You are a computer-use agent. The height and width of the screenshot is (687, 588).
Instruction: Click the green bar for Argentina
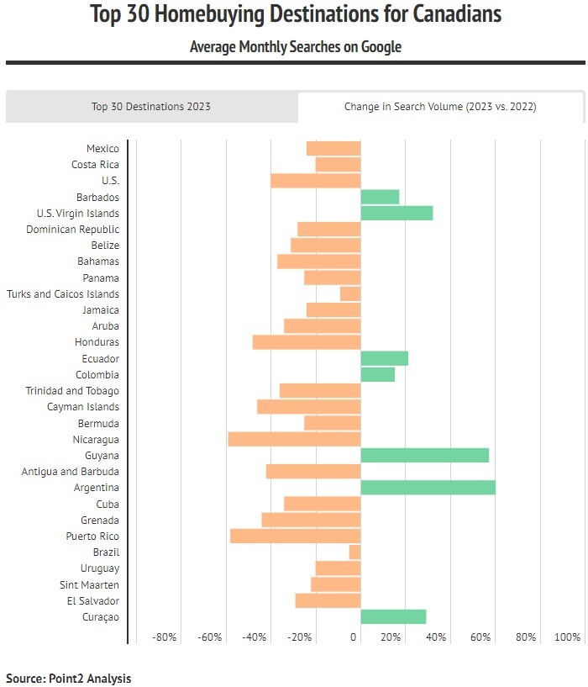(428, 488)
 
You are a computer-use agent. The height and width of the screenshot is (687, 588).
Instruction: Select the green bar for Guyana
(424, 455)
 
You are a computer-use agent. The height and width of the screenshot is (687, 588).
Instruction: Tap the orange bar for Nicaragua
(294, 439)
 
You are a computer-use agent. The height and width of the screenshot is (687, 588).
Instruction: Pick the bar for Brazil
(354, 552)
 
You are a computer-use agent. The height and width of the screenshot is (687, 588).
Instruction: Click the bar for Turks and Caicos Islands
(350, 293)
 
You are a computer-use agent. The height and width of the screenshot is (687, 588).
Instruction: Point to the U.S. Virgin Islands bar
(396, 213)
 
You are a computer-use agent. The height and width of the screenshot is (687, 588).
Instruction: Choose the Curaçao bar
(393, 616)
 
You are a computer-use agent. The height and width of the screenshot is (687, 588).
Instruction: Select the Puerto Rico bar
(295, 536)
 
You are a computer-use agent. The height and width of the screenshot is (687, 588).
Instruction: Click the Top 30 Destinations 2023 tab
(151, 107)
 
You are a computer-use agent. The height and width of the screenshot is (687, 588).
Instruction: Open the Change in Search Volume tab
(440, 107)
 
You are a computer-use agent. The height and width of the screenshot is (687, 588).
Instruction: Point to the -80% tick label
(165, 637)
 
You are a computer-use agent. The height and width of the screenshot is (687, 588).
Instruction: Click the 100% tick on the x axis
(568, 637)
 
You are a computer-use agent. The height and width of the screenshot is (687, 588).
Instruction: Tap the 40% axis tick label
(436, 637)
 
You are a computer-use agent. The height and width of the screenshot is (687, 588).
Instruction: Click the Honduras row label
(97, 342)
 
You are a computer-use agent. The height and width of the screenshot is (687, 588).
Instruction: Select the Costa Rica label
(95, 165)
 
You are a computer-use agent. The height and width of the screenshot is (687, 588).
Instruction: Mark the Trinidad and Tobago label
(72, 391)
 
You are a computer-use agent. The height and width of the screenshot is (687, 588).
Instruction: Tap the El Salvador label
(92, 600)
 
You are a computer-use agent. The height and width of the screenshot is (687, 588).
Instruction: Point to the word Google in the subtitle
(381, 47)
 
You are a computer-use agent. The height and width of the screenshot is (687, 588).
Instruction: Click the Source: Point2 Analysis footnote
(69, 678)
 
